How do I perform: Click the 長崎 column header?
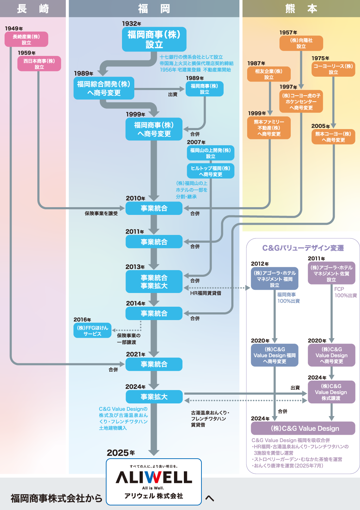tap(33, 8)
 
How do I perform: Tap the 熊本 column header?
tap(301, 8)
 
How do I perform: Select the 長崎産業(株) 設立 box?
tap(26, 39)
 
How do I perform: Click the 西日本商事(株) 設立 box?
tap(39, 64)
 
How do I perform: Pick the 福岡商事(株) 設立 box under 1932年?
tap(154, 39)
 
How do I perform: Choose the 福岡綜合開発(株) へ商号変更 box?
tap(104, 88)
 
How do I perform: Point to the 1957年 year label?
tap(288, 32)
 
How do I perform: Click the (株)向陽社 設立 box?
tap(301, 43)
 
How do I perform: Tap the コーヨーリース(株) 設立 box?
tap(333, 69)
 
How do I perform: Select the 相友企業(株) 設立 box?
tap(269, 74)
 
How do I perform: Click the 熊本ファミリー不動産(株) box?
tap(269, 128)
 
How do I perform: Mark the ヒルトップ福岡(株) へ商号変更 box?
tap(211, 171)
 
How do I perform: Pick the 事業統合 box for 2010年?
tap(154, 208)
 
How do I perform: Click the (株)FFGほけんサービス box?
tap(92, 331)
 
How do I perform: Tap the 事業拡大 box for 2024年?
tap(154, 397)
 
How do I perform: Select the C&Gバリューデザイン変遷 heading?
tap(303, 248)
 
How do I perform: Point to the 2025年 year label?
tap(121, 453)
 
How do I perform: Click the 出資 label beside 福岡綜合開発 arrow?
tap(173, 94)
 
